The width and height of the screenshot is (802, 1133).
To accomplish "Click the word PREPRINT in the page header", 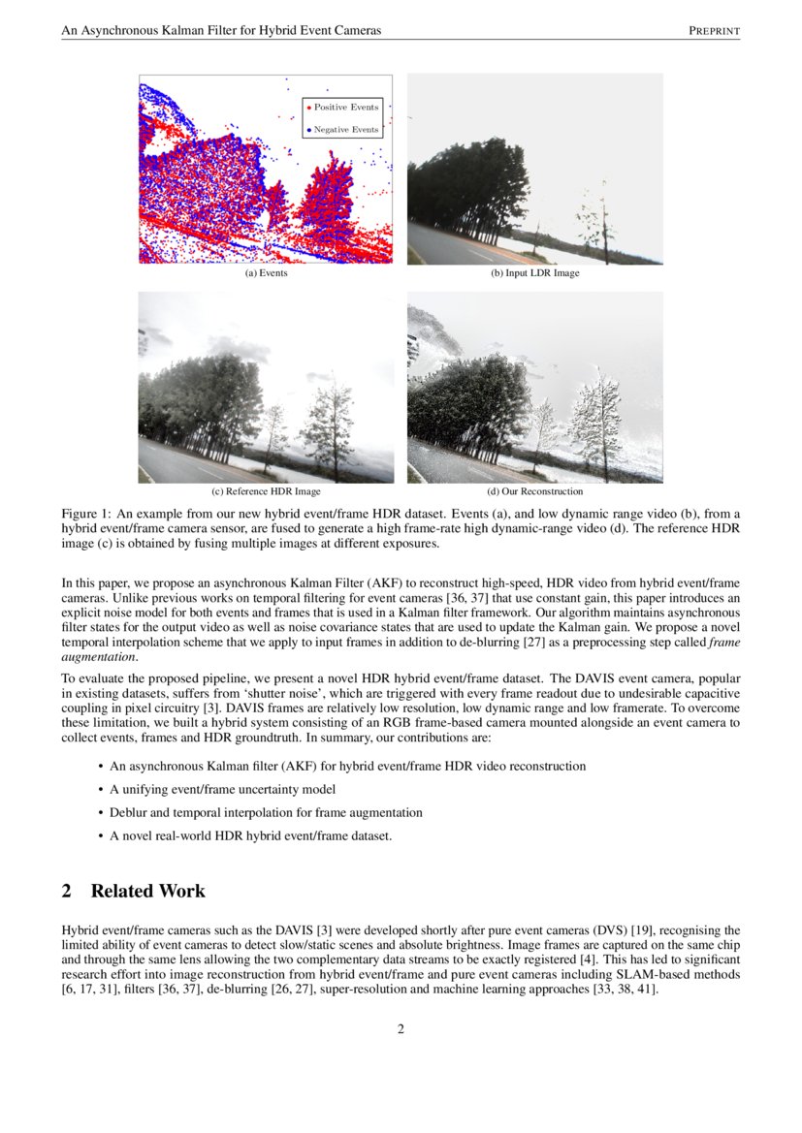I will click(714, 31).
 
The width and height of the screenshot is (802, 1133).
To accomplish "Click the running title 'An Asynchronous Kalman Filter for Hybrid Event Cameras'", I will click(221, 31).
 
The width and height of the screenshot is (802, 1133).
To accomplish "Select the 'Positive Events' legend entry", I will click(345, 108).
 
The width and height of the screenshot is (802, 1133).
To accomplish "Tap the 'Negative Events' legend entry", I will click(345, 130).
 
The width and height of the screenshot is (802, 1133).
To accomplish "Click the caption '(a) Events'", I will click(266, 273).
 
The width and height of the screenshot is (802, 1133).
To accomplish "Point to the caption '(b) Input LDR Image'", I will click(535, 273).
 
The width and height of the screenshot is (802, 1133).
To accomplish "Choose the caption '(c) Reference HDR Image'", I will click(266, 491).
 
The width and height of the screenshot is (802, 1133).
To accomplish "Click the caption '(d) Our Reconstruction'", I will click(535, 491).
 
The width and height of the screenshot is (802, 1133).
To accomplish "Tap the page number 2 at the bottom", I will click(401, 1029).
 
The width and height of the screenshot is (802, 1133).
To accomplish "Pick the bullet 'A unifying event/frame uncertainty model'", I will click(223, 789).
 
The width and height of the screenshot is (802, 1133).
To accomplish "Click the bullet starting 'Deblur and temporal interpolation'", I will click(266, 812).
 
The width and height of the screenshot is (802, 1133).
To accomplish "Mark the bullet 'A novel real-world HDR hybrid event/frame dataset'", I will click(250, 836).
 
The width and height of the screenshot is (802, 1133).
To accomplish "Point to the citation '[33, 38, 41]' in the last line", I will click(626, 991).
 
